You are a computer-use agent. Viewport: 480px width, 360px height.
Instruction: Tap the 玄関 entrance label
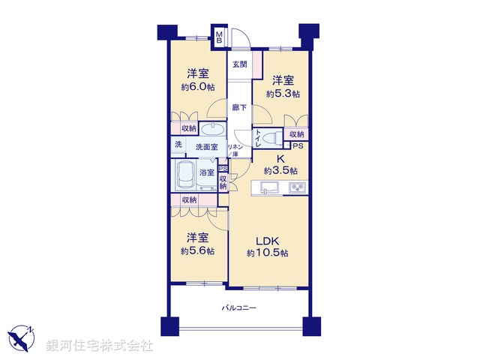239,64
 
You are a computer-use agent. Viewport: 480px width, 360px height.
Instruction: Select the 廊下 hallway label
239,107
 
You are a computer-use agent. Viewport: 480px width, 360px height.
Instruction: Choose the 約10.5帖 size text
268,253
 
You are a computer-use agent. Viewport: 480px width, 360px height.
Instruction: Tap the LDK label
268,241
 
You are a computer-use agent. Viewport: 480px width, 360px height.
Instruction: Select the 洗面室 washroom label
207,147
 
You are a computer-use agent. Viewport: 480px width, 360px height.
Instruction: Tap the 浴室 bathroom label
207,172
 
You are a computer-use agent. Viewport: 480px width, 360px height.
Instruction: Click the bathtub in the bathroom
184,176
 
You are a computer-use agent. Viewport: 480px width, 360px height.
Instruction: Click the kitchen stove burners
296,187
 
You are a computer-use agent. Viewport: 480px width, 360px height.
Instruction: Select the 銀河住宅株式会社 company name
100,346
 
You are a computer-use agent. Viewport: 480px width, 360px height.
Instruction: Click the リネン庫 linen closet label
233,151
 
